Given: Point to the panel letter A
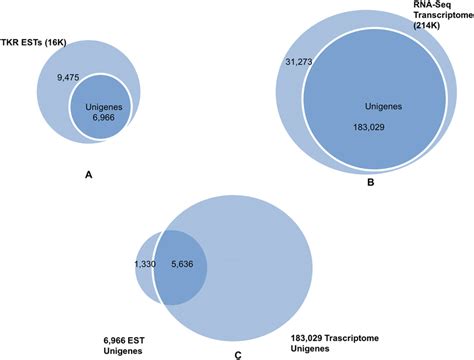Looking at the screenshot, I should coord(89,175).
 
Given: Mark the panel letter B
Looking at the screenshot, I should coord(371,183).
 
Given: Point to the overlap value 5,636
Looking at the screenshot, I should coord(183,263).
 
